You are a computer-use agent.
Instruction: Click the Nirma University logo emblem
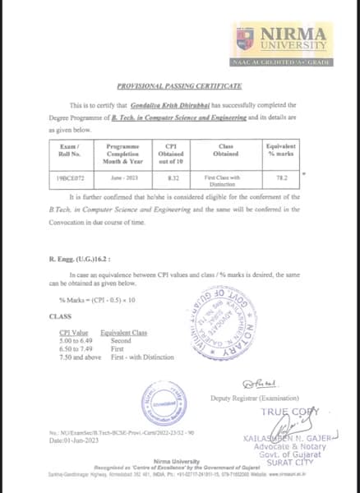250,37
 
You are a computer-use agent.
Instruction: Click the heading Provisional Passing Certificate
179,85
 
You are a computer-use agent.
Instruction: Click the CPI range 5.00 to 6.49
67,341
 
